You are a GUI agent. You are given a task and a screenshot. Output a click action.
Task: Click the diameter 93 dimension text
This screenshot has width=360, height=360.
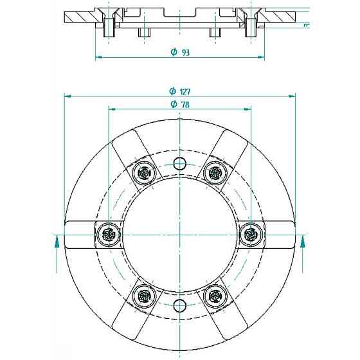pos(181,52)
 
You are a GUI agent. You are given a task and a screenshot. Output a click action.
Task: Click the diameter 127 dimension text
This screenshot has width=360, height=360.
pos(180,91)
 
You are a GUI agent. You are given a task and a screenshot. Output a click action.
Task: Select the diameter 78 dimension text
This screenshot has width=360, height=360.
pos(180,104)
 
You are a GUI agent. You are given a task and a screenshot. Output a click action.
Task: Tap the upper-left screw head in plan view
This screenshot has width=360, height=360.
pos(145,173)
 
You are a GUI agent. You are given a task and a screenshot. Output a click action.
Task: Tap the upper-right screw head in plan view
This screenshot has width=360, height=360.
pos(215,173)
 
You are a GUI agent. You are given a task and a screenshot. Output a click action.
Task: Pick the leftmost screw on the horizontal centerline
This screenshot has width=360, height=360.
pos(109,235)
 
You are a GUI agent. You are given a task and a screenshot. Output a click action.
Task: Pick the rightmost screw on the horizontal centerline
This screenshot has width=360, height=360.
pos(251,235)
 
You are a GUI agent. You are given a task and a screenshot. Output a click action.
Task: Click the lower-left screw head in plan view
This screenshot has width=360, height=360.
pos(145,296)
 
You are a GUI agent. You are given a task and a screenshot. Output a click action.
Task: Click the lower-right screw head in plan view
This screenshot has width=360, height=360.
pos(215,296)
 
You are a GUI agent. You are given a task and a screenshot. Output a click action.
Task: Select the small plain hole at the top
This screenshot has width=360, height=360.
pos(179,164)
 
